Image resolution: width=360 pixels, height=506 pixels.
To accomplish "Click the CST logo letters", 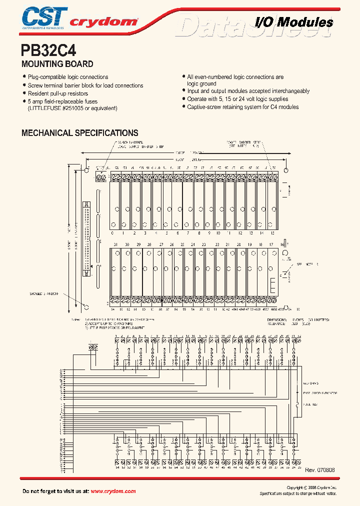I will [x=44, y=16].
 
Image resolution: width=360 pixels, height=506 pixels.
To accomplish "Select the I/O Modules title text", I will [x=294, y=22].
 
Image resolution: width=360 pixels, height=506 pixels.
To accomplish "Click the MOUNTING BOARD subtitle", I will [x=57, y=64].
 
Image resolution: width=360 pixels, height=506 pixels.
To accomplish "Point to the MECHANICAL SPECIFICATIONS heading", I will [x=79, y=133].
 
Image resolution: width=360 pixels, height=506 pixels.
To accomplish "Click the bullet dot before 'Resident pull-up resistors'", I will [x=24, y=93].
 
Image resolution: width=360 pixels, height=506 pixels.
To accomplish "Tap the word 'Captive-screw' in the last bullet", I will [x=204, y=107].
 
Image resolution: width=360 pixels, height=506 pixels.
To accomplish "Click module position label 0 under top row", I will [x=112, y=233].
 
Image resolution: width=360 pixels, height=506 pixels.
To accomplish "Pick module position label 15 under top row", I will [x=272, y=233].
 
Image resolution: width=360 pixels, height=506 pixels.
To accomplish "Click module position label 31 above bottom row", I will [x=115, y=244].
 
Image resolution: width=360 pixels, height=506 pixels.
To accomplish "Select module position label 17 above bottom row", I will [x=271, y=244].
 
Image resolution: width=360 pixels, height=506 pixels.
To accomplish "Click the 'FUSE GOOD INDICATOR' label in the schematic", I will [x=319, y=393].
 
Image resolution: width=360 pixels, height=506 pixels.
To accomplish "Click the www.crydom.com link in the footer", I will [x=113, y=491].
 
